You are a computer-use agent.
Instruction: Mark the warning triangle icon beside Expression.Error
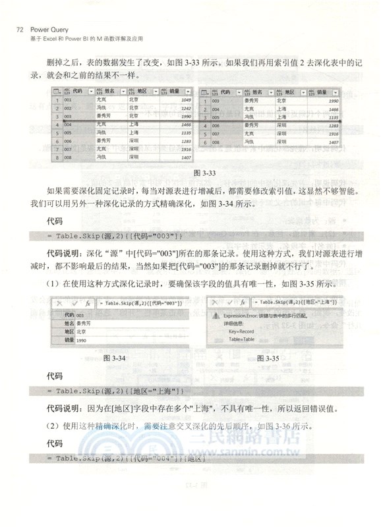tap(214, 316)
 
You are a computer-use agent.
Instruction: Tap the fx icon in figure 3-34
tap(87, 302)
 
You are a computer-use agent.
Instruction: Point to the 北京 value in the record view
tap(82, 333)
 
